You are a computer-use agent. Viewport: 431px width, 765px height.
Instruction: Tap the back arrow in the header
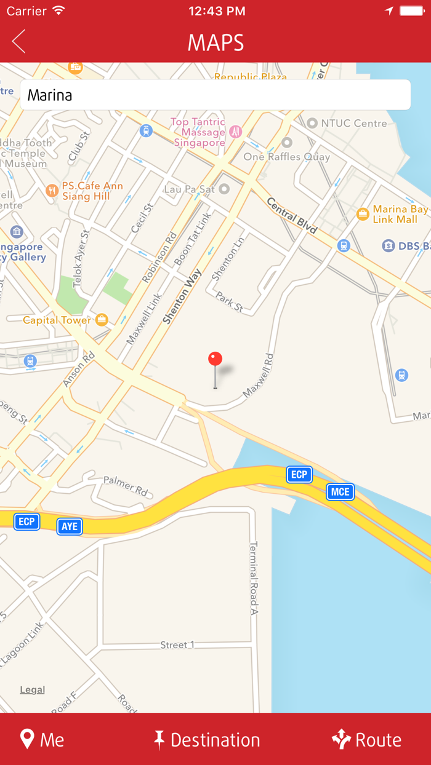click(18, 42)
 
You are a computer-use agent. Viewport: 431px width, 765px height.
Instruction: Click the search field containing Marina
click(216, 95)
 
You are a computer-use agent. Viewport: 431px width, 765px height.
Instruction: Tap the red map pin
click(215, 360)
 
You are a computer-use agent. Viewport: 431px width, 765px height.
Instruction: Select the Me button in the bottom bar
click(42, 739)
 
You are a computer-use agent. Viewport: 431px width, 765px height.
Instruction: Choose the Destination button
click(207, 739)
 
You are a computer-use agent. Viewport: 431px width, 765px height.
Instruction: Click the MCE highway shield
click(340, 491)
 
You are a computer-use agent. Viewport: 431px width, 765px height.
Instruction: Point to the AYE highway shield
click(70, 526)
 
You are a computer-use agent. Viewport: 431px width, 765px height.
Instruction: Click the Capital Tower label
click(57, 320)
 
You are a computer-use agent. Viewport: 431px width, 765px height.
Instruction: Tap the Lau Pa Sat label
click(190, 189)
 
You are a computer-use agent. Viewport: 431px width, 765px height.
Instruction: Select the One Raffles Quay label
click(286, 156)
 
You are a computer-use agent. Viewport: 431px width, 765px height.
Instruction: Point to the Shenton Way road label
click(183, 296)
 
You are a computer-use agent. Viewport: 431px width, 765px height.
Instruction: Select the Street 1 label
click(177, 644)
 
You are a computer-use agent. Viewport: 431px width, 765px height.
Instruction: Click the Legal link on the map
click(32, 689)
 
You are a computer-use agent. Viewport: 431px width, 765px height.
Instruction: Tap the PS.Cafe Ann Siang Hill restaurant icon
click(52, 191)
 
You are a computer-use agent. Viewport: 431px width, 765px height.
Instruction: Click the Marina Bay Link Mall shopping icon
click(363, 214)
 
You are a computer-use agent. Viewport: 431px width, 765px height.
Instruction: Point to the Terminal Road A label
click(253, 578)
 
